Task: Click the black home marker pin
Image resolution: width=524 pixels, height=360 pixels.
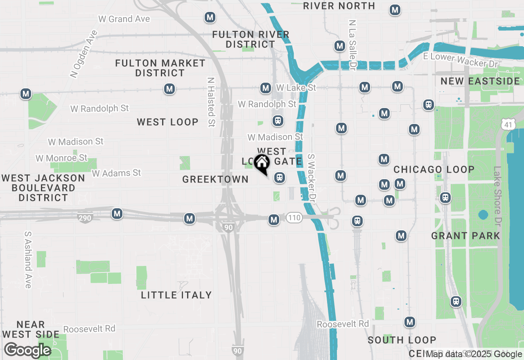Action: click(262, 164)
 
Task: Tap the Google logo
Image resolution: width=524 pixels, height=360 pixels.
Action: click(27, 350)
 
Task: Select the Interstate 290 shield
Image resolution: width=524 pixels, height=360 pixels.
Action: click(85, 218)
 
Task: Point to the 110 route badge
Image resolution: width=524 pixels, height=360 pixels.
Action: click(294, 218)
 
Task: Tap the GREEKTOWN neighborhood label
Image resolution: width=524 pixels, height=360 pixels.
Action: click(215, 179)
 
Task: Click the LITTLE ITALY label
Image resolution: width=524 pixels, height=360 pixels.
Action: click(176, 295)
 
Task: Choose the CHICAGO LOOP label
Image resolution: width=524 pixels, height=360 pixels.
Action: click(434, 169)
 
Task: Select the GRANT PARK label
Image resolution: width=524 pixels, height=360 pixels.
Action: click(465, 236)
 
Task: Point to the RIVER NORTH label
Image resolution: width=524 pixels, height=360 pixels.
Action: click(339, 6)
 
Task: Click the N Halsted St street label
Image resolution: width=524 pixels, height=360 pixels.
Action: click(211, 102)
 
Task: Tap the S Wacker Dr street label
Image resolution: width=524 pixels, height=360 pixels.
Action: click(312, 178)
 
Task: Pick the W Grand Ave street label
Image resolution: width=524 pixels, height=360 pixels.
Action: click(124, 19)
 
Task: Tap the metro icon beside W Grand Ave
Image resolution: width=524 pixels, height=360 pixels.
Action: click(210, 18)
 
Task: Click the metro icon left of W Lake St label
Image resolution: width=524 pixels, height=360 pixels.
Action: click(266, 88)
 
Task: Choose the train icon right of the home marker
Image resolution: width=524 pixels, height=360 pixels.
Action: click(280, 178)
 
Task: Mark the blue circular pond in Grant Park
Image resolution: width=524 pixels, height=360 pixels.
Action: click(483, 215)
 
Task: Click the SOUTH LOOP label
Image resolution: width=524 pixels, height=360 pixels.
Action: click(402, 340)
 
